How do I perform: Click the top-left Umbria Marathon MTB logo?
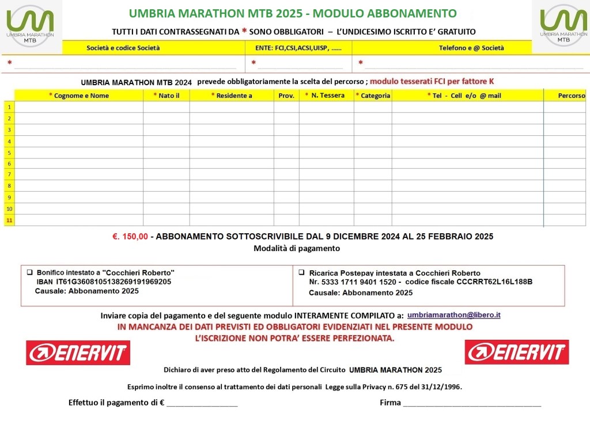(x=31, y=26)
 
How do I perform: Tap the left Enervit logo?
(x=78, y=352)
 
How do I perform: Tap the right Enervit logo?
(x=517, y=352)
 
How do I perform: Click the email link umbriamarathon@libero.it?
(x=453, y=315)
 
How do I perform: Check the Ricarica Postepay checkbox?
(x=301, y=272)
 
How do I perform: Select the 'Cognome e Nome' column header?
(x=79, y=96)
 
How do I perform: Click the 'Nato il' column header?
(x=167, y=96)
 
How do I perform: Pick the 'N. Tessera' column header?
(x=326, y=96)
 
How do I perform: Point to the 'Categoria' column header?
(x=373, y=96)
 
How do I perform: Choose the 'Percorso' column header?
(x=571, y=96)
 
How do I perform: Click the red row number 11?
(x=9, y=220)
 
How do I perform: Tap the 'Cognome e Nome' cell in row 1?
(x=79, y=107)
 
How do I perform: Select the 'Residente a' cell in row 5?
(x=232, y=153)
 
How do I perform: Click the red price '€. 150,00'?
(x=130, y=236)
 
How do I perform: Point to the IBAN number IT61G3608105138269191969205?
(x=114, y=282)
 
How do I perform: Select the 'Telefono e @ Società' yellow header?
(x=471, y=48)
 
